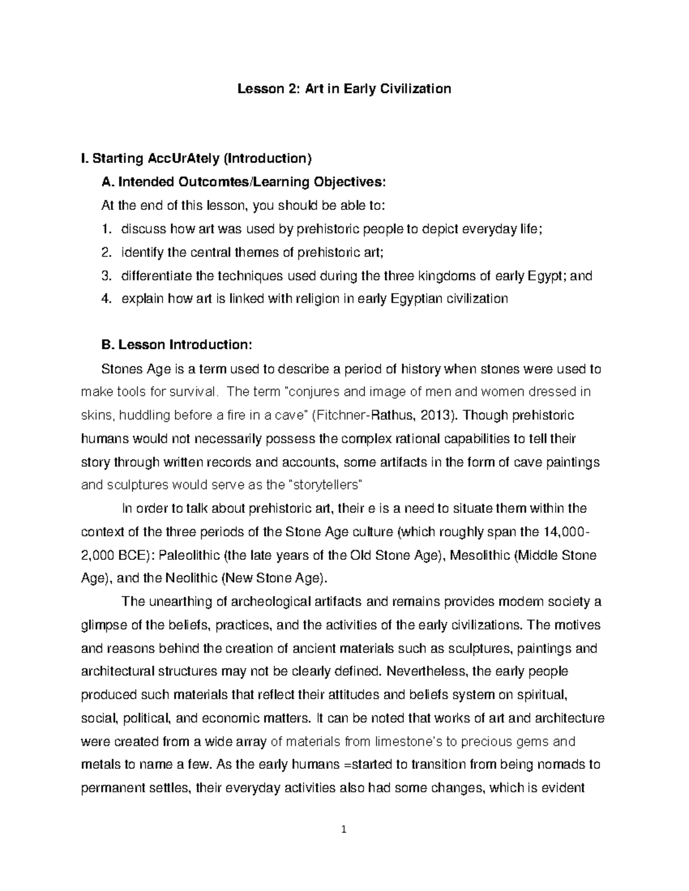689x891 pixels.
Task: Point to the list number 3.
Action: point(105,275)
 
